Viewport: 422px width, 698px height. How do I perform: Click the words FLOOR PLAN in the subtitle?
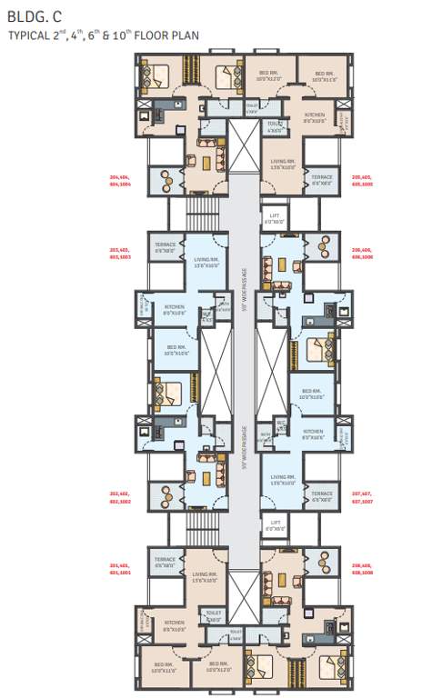[163, 36]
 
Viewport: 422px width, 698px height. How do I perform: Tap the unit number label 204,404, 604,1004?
[121, 179]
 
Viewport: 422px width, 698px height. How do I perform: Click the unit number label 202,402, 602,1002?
[121, 497]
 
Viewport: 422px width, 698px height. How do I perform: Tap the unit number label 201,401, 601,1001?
[121, 569]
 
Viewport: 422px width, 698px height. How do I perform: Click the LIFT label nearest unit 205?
[274, 219]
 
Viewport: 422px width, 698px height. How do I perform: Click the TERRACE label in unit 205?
[321, 179]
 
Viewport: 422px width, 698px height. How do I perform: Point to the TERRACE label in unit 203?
[165, 246]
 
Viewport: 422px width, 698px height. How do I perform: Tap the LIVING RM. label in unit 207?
[283, 479]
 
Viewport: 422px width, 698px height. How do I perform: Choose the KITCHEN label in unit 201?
[175, 625]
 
